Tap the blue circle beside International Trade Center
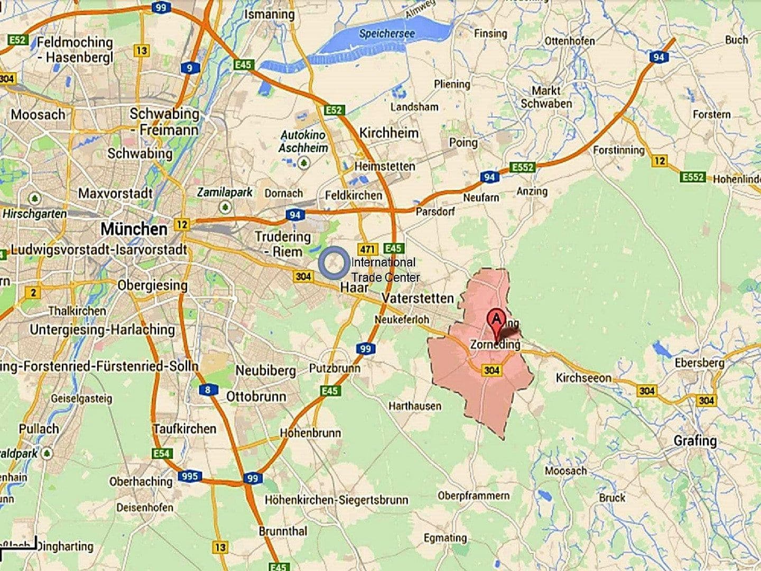pyautogui.click(x=333, y=264)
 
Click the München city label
pyautogui.click(x=134, y=229)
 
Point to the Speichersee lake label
pyautogui.click(x=387, y=33)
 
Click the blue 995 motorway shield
pyautogui.click(x=189, y=476)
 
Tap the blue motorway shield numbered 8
pyautogui.click(x=208, y=390)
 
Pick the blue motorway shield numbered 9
pyautogui.click(x=189, y=68)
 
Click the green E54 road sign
pyautogui.click(x=162, y=453)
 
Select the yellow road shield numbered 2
pyautogui.click(x=33, y=292)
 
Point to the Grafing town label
pyautogui.click(x=695, y=440)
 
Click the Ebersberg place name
pyautogui.click(x=699, y=363)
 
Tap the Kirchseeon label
pyautogui.click(x=583, y=377)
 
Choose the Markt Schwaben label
pyautogui.click(x=546, y=97)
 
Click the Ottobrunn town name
pyautogui.click(x=256, y=397)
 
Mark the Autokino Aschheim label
pyautogui.click(x=304, y=142)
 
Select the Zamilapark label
pyautogui.click(x=225, y=192)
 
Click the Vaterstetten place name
pyautogui.click(x=417, y=298)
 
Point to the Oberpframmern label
pyautogui.click(x=474, y=495)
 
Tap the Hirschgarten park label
pyautogui.click(x=35, y=214)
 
